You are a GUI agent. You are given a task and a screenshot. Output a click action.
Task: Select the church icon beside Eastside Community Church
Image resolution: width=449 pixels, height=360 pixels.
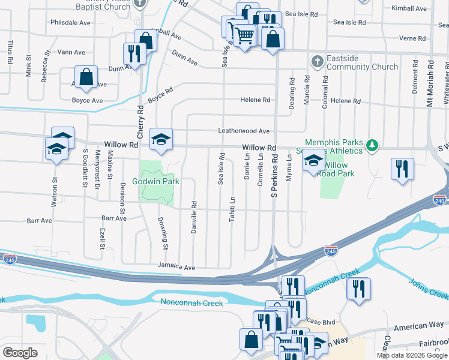[x=317, y=61]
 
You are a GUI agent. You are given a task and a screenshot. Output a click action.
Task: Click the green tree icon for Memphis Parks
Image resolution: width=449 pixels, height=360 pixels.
[x=372, y=145]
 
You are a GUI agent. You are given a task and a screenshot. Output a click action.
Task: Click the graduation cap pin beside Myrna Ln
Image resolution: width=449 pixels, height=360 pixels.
[x=313, y=161]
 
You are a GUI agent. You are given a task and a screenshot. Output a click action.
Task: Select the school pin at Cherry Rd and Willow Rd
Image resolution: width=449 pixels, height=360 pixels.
[x=160, y=139]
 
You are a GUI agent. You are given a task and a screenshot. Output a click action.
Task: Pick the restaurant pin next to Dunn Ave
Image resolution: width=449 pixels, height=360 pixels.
[x=132, y=53]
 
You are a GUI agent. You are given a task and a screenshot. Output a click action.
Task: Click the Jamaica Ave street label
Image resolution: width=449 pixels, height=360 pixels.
[x=176, y=266]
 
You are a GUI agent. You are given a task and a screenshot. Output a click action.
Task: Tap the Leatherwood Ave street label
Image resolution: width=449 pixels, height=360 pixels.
[x=244, y=131]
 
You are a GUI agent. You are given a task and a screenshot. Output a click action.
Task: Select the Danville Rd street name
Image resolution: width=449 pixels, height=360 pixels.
[x=194, y=217]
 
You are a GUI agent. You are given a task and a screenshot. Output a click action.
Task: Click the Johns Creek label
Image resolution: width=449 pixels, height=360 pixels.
[x=428, y=288]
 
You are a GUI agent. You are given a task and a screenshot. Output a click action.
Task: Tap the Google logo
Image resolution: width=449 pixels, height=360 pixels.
[x=20, y=352]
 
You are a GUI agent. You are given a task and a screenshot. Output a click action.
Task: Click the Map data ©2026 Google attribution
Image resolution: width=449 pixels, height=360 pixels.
[x=412, y=355]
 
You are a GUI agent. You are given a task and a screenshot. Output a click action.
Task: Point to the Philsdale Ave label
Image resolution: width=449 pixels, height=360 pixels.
[x=70, y=22]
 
